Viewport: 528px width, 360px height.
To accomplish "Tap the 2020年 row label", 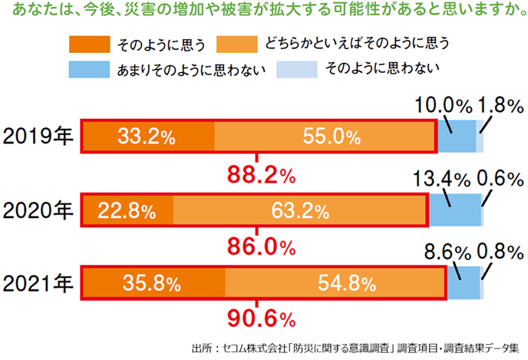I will pos(38,209).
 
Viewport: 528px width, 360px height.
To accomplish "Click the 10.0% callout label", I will pos(443,105).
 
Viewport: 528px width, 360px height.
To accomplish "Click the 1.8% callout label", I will pos(500,105).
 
